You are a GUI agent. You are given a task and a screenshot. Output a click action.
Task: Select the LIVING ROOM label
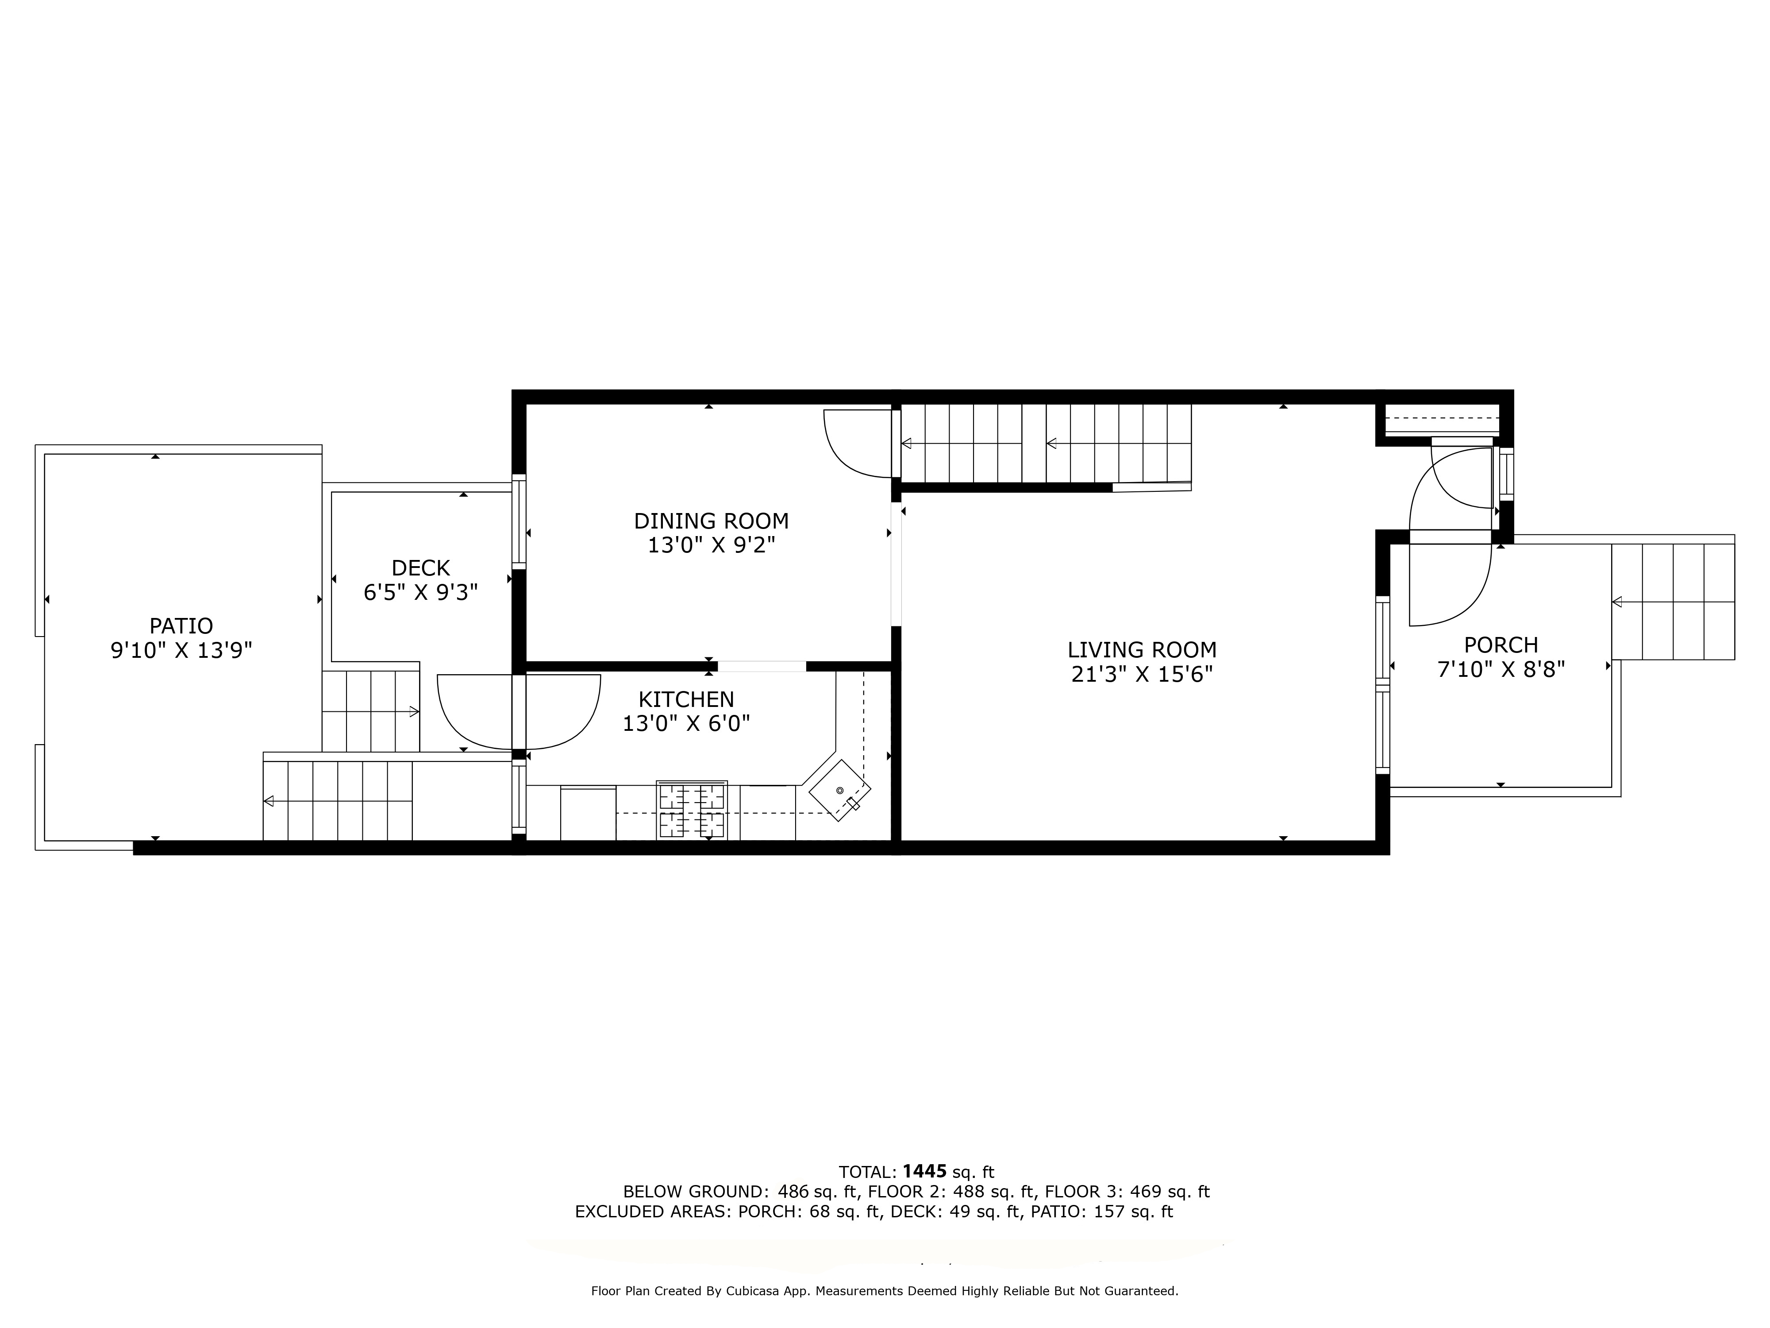(1141, 650)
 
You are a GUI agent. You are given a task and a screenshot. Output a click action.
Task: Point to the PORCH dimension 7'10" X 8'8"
(1501, 669)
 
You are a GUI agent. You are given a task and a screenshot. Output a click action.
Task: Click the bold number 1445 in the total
(924, 1172)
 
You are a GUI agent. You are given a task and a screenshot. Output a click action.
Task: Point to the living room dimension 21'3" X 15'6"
(1141, 675)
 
